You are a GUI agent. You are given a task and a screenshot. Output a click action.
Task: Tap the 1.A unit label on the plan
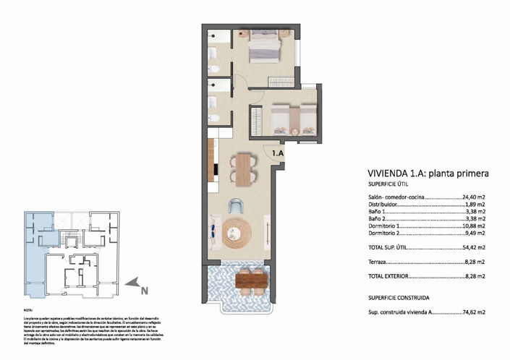tap(279, 153)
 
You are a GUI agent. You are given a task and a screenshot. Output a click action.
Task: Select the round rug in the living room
tap(237, 231)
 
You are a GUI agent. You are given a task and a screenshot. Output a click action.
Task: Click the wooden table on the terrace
tap(250, 278)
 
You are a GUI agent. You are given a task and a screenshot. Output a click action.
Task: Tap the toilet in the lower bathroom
tap(215, 117)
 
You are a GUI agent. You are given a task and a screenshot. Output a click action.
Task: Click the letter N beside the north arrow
tap(144, 291)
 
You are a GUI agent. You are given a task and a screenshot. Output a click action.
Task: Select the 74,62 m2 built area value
tap(472, 313)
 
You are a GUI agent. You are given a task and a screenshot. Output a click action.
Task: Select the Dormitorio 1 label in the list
tap(384, 226)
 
